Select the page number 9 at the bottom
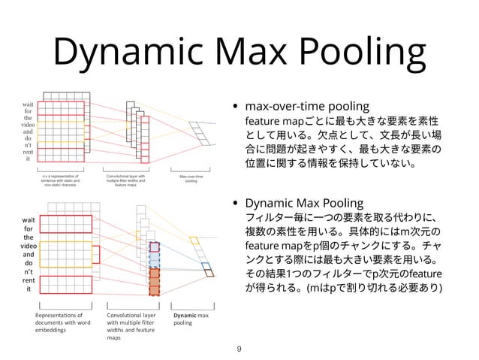[x=239, y=347]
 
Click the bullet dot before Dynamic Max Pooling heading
[x=238, y=204]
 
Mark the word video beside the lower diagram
[x=29, y=247]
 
